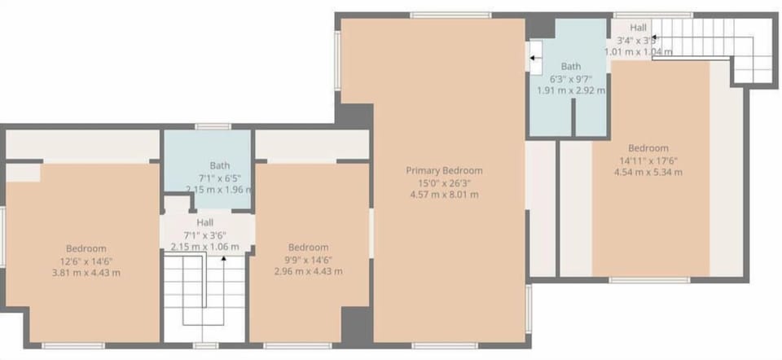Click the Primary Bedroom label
pyautogui.click(x=444, y=171)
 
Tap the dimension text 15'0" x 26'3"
pyautogui.click(x=444, y=183)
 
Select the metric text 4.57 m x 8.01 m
pyautogui.click(x=444, y=195)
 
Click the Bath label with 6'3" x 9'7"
pyautogui.click(x=570, y=67)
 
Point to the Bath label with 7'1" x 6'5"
pyautogui.click(x=220, y=165)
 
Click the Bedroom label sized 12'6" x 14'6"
pyautogui.click(x=86, y=248)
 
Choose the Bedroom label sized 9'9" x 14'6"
pyautogui.click(x=308, y=248)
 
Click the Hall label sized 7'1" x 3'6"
pyautogui.click(x=205, y=222)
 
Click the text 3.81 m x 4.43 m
pyautogui.click(x=86, y=272)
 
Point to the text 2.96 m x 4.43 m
pyautogui.click(x=308, y=271)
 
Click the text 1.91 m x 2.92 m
pyautogui.click(x=570, y=90)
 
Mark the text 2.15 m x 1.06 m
pyautogui.click(x=205, y=247)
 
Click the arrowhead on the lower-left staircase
pyautogui.click(x=224, y=258)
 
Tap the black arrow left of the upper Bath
pyautogui.click(x=534, y=58)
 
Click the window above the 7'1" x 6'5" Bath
pyautogui.click(x=213, y=126)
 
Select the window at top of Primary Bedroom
pyautogui.click(x=438, y=15)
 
